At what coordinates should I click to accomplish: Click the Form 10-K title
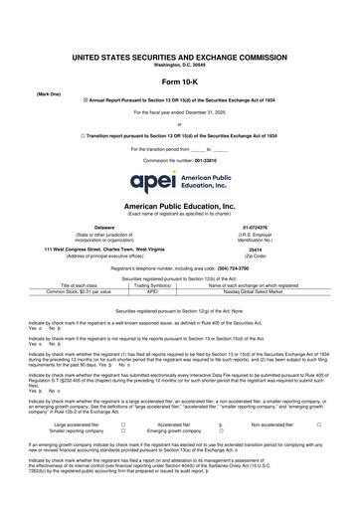(179, 82)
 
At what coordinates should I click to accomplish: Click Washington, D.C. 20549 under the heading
(179, 65)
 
